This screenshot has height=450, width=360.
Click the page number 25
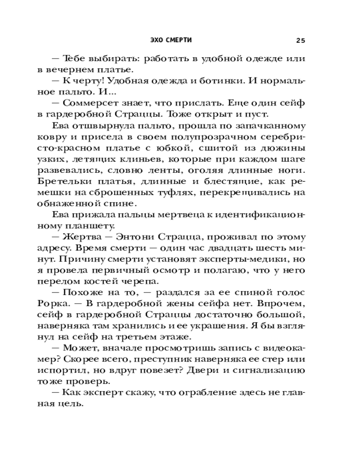[x=301, y=40]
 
